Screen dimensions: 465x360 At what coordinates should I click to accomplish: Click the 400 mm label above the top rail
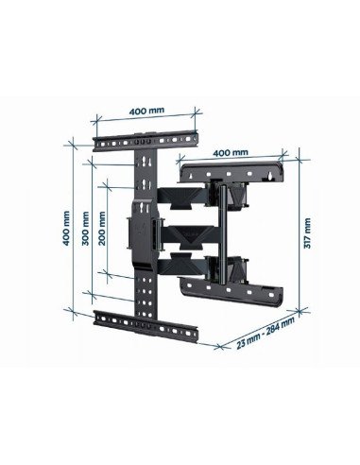(x=146, y=112)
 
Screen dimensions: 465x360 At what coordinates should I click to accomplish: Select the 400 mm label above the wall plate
(x=231, y=151)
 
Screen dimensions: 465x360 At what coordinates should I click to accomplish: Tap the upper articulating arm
(x=183, y=197)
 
